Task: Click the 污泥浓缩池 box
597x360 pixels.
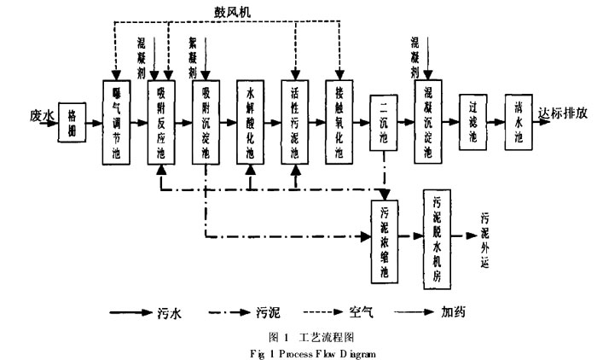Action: pos(385,241)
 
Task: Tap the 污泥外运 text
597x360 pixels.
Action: pos(484,238)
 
